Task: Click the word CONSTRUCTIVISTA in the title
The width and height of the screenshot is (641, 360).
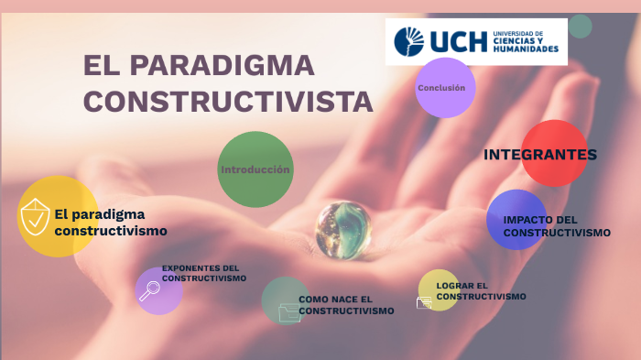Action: [x=228, y=102]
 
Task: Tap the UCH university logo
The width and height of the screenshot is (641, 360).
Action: [x=475, y=41]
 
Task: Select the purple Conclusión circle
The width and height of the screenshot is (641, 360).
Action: [x=444, y=88]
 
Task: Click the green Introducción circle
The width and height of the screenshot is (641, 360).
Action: [x=255, y=169]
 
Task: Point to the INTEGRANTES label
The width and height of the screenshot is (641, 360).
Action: [x=539, y=154]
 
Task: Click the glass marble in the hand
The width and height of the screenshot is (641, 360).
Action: [x=343, y=229]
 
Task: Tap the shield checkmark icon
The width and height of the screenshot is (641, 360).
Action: [x=35, y=217]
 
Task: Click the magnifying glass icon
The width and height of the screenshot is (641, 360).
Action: [x=148, y=291]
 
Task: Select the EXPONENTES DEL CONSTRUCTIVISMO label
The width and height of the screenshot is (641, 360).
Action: [x=203, y=273]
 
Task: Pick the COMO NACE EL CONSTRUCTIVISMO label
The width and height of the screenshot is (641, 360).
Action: [x=345, y=305]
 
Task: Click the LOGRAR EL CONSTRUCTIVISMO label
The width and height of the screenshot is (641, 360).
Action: [x=481, y=291]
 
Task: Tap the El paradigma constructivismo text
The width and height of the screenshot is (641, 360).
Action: [x=110, y=223]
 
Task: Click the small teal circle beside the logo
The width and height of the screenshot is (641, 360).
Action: [x=580, y=26]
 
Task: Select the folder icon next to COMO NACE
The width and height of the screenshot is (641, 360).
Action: [x=288, y=312]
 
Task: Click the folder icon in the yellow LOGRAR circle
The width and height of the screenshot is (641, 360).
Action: [x=424, y=301]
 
